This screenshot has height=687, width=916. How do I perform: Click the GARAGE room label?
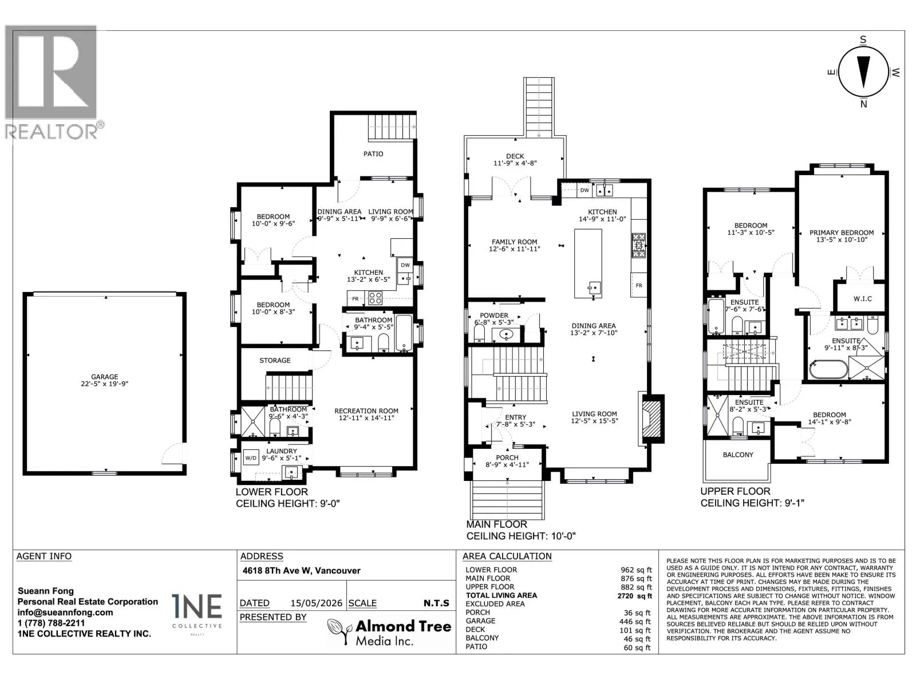point(104,377)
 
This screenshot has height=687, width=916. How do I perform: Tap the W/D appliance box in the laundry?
point(251,458)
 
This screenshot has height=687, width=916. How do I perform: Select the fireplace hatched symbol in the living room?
point(652,418)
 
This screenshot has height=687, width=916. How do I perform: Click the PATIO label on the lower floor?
point(373,154)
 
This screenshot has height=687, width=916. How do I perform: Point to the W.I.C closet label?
point(862,299)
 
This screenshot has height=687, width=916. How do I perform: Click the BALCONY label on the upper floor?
point(738,455)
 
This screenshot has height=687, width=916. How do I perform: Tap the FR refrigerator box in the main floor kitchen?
point(639,286)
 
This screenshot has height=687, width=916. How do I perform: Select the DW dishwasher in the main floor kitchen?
point(585,190)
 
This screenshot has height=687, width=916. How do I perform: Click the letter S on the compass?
point(863,40)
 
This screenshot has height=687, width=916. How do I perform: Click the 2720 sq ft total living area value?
point(634,596)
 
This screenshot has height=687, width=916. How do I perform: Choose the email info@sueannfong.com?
point(65,613)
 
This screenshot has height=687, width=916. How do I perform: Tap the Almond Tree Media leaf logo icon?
point(339,631)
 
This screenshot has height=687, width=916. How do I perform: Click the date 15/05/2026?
point(317,603)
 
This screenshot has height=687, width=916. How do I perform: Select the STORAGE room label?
point(275,361)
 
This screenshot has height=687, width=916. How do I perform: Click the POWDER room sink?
point(506,334)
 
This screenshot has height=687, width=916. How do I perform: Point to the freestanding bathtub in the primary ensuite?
point(828,370)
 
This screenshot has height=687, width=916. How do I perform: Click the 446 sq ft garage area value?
point(635,622)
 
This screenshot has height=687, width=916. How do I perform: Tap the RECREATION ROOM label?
point(366,411)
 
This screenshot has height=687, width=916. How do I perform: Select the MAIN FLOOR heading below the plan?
point(496,524)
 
